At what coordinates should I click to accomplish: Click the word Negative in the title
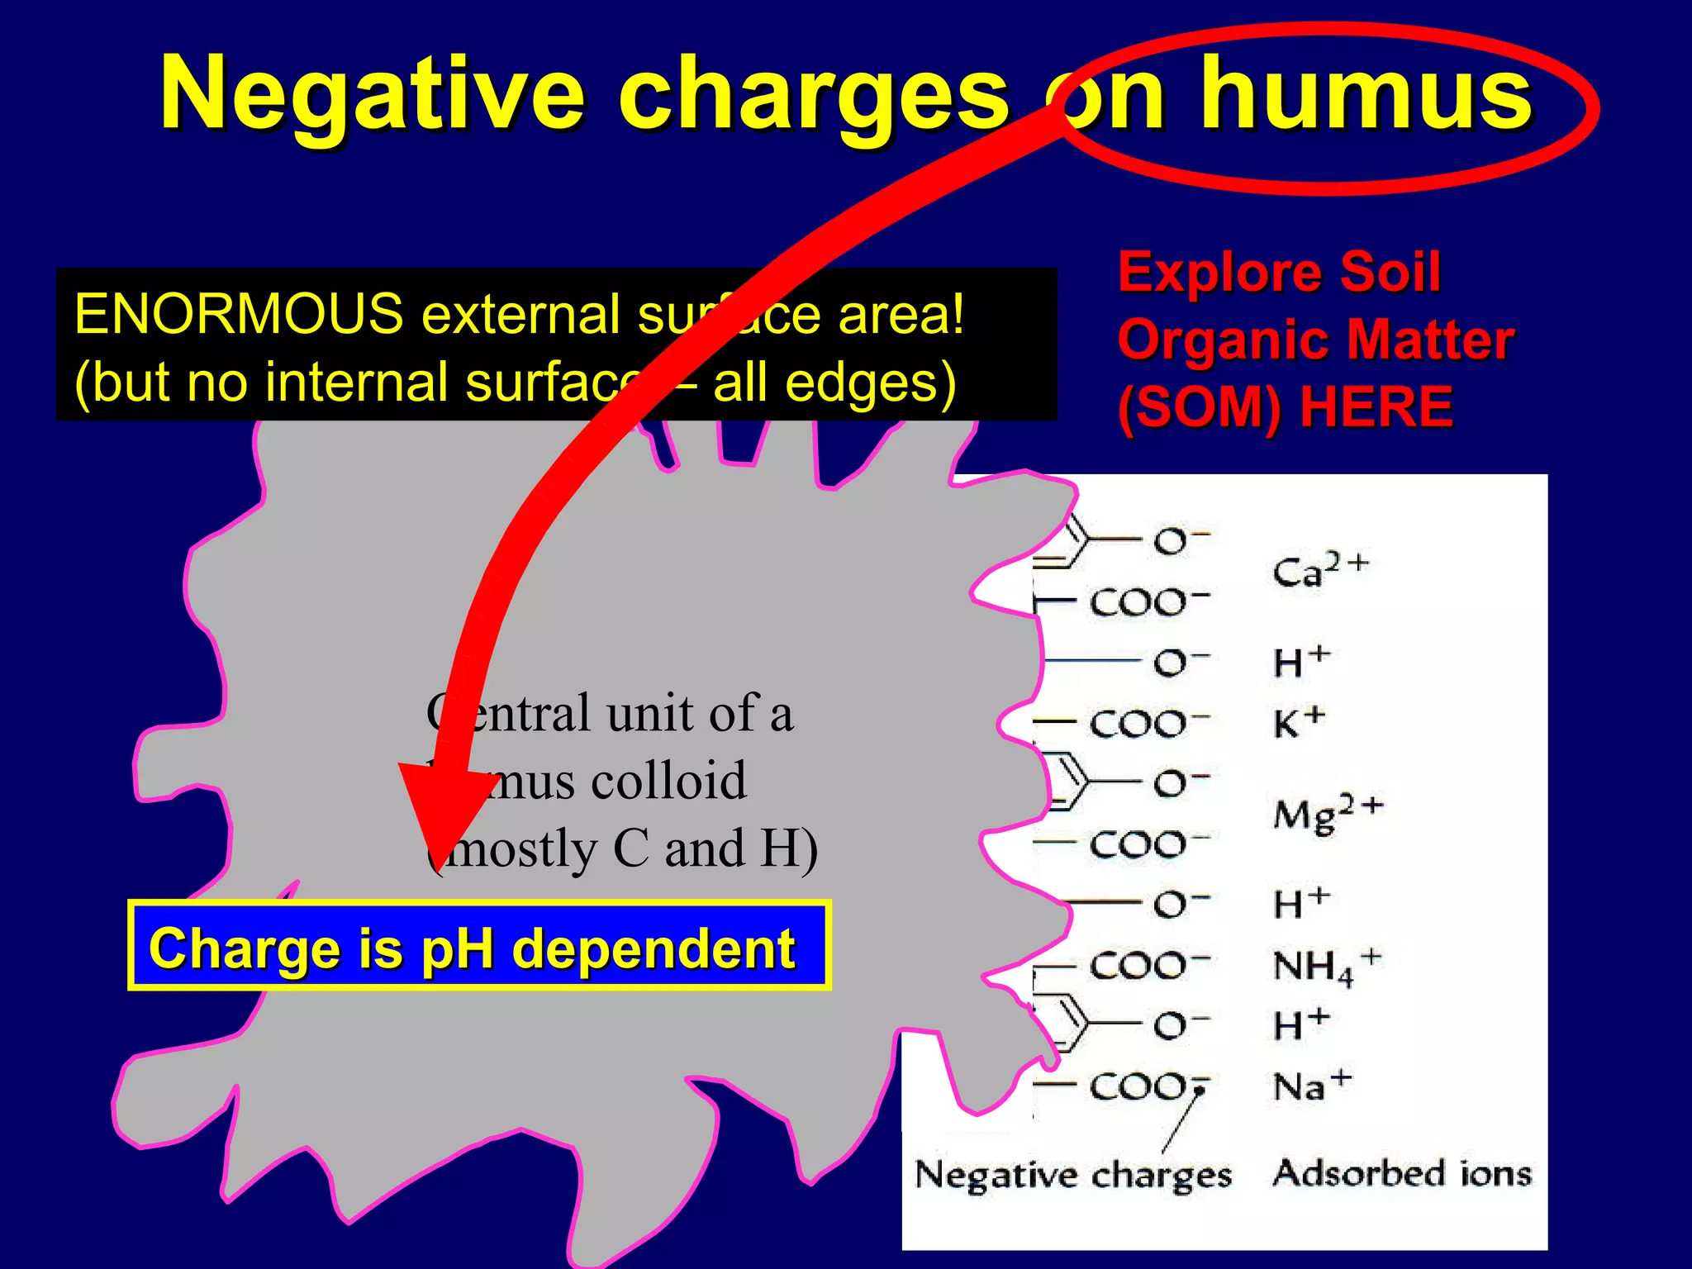click(372, 95)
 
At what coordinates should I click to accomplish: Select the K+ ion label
click(1298, 722)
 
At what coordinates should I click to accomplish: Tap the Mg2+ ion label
click(1326, 813)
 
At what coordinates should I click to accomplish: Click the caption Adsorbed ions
click(1401, 1173)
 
